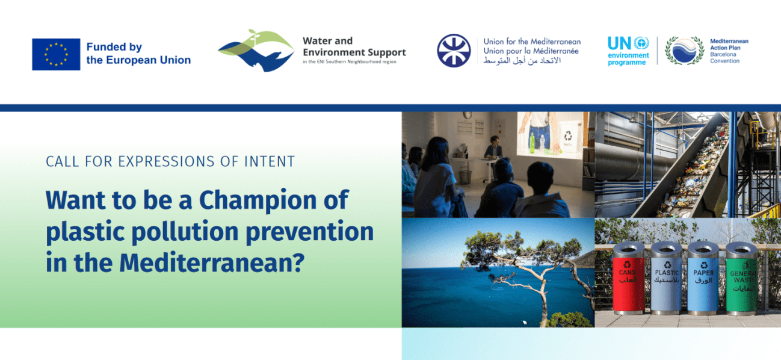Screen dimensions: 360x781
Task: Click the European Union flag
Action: [x=56, y=54]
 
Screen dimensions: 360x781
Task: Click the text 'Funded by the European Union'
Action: [x=138, y=54]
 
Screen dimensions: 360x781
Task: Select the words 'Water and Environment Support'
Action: [x=354, y=47]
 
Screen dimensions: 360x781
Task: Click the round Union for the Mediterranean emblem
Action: [x=454, y=51]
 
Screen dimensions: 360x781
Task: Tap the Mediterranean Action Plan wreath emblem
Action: [x=684, y=51]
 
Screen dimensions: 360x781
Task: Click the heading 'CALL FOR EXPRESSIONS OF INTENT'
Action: [x=170, y=161]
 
